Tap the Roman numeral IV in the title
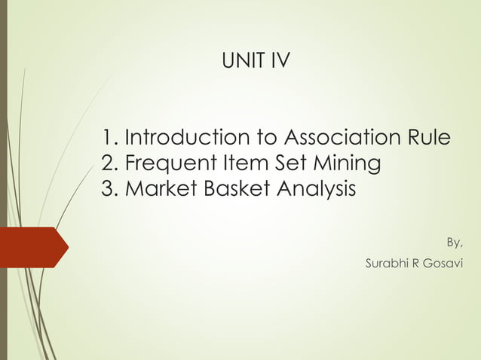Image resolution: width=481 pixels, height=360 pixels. click(278, 60)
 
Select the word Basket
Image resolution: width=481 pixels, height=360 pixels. click(229, 188)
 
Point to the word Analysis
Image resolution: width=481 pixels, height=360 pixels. click(309, 188)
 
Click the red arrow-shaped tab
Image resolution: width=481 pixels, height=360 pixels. click(34, 246)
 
